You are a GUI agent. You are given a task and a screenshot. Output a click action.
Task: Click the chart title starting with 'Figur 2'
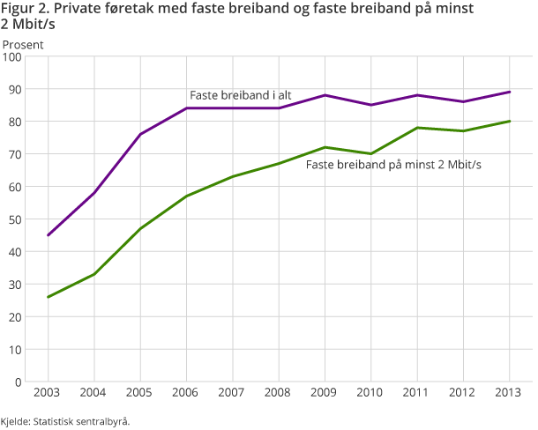point(238,16)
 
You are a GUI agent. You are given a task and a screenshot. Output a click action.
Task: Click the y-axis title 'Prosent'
point(25,43)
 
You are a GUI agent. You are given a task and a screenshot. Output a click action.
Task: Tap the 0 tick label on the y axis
point(18,382)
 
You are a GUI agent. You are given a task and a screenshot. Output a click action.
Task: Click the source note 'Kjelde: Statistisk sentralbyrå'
point(65,421)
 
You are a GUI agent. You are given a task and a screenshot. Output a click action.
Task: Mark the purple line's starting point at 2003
point(48,235)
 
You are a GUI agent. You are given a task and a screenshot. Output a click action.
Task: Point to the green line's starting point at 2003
point(48,297)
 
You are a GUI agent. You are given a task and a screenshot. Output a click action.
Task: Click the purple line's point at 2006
point(186,108)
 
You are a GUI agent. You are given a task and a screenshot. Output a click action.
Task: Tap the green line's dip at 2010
point(371,154)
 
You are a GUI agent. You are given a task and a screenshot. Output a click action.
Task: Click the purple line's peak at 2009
point(325,95)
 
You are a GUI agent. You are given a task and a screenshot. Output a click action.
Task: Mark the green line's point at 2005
point(140,228)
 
